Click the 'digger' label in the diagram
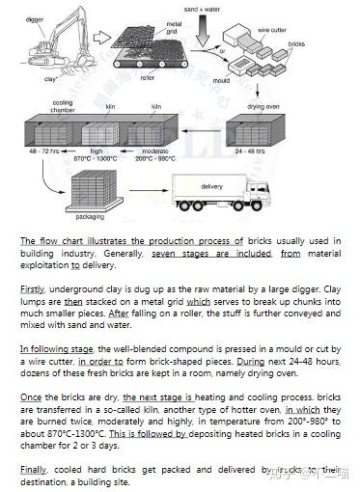[34, 20]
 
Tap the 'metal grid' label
[174, 28]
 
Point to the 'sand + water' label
[202, 10]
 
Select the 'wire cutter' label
[272, 30]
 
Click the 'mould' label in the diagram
[221, 80]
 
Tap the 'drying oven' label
[263, 106]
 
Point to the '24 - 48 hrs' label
[250, 150]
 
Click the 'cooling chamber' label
[63, 106]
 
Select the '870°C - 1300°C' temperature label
[96, 158]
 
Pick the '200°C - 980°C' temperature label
[155, 158]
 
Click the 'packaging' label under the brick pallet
[90, 217]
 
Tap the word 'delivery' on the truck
[211, 186]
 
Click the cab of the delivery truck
[259, 191]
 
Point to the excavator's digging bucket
[83, 59]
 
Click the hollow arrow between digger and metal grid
[102, 38]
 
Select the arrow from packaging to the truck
[149, 190]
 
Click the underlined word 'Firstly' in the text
[32, 289]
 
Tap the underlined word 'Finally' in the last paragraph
[34, 470]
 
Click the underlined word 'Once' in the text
[31, 397]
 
